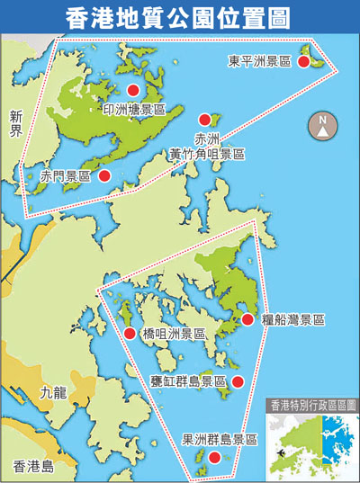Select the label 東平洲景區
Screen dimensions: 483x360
click(259, 61)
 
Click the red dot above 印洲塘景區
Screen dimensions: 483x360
click(133, 90)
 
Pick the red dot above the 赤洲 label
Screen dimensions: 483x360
click(205, 119)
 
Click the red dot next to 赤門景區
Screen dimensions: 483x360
click(105, 175)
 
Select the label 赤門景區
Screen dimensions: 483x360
click(65, 177)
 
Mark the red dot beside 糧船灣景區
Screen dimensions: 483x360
click(247, 319)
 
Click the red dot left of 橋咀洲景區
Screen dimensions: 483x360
click(130, 334)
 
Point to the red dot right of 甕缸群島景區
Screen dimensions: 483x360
click(238, 382)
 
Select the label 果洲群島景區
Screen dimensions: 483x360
click(220, 440)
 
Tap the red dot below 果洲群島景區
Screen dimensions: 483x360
click(214, 458)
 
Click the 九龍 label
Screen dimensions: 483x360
click(53, 393)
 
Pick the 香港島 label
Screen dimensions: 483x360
click(34, 466)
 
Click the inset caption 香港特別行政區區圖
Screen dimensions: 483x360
click(312, 407)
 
